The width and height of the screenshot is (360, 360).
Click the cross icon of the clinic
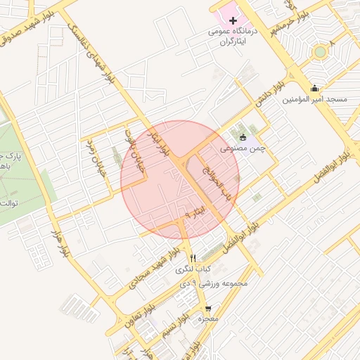tap(233, 20)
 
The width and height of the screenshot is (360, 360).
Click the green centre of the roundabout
tap(321, 51)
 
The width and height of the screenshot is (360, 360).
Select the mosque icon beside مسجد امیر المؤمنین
tap(314, 89)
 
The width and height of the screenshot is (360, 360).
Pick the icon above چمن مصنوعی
tap(243, 138)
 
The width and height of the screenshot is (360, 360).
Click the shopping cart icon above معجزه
tap(207, 309)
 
